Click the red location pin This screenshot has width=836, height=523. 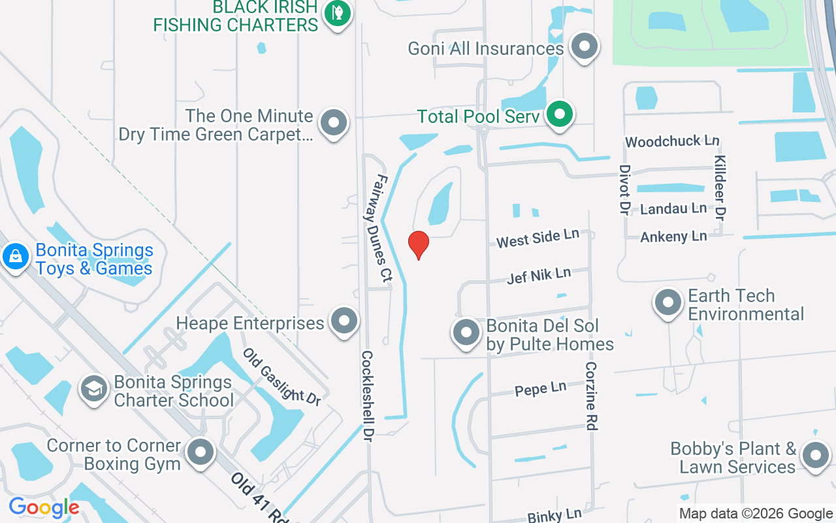click(419, 245)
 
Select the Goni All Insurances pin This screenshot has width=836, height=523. click(584, 47)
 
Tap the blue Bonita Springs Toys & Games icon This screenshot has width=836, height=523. click(14, 256)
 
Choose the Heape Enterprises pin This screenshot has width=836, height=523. click(344, 321)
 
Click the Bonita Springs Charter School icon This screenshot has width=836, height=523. click(94, 389)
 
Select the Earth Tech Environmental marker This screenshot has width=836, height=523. click(667, 303)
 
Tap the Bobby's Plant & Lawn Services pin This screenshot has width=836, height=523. click(814, 456)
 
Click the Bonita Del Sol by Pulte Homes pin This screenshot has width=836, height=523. click(466, 332)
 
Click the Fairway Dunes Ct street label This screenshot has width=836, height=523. click(383, 228)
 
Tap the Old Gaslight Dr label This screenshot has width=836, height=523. click(282, 377)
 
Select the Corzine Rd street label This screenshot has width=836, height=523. click(591, 396)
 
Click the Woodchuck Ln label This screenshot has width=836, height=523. click(672, 141)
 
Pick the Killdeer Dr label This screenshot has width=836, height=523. click(720, 188)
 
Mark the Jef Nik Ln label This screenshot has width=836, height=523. click(539, 275)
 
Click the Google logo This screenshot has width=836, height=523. click(44, 507)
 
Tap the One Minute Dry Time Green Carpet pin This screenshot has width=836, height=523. click(334, 122)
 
